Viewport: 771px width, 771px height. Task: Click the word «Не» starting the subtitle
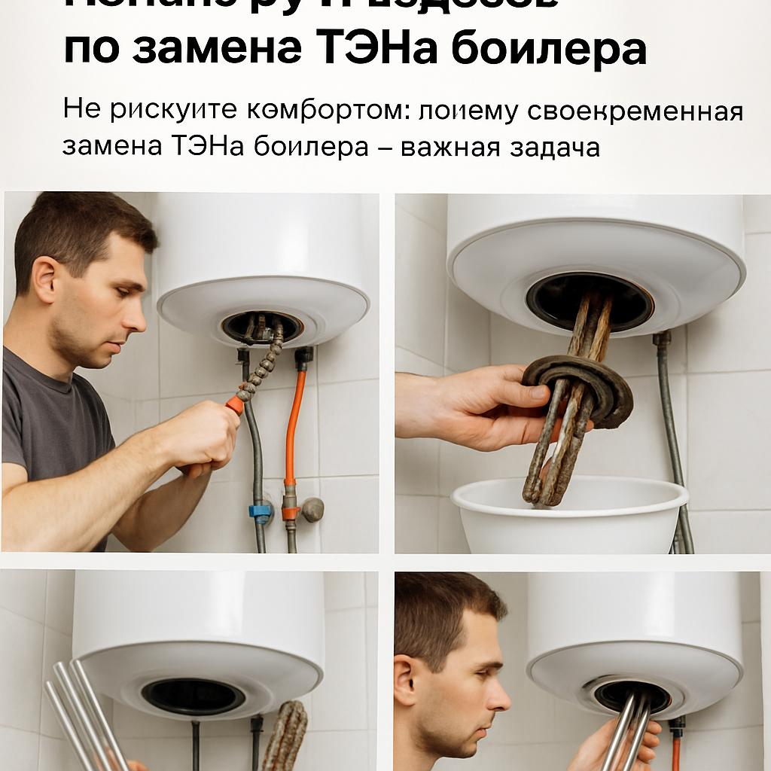[81, 111]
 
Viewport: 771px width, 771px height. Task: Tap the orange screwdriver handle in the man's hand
[235, 404]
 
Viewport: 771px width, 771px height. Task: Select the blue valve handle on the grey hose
[260, 512]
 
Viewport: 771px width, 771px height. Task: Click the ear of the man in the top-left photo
[45, 279]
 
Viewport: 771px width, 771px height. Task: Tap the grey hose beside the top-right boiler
[669, 422]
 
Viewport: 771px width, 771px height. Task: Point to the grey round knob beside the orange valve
[312, 509]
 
